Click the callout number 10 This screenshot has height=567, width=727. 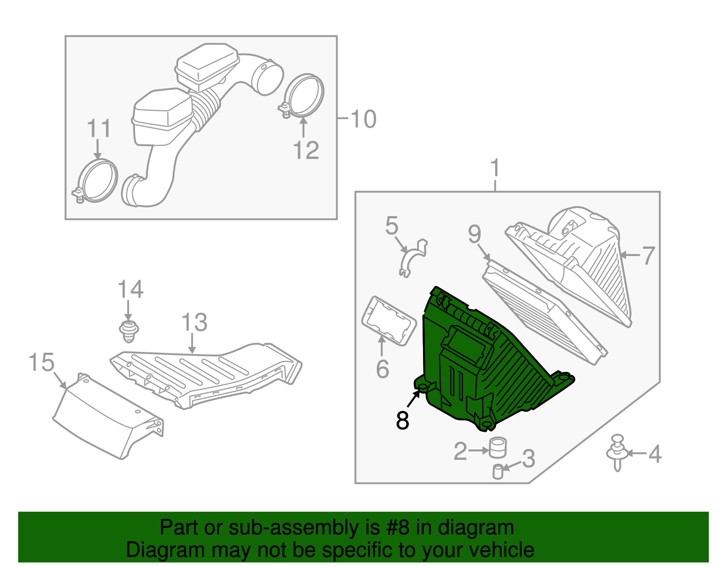click(363, 119)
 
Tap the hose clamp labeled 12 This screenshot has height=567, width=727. click(304, 95)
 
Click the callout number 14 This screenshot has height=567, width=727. click(130, 290)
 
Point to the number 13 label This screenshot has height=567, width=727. click(194, 323)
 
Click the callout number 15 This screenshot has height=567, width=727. click(41, 363)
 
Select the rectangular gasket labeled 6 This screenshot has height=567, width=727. click(388, 321)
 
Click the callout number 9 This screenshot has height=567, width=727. click(474, 235)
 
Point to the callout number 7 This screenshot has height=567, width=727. click(648, 256)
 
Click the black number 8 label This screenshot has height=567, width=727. click(403, 420)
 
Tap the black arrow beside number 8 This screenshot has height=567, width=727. click(414, 398)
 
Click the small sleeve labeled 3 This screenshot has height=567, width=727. click(498, 472)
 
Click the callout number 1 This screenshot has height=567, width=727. click(495, 168)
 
